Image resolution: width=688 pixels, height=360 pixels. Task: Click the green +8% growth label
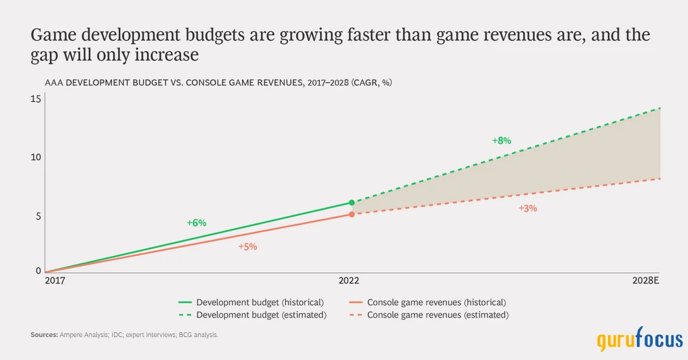(502, 141)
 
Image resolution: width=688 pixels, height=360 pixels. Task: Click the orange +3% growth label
(527, 208)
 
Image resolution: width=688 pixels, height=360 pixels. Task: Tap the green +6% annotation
(197, 223)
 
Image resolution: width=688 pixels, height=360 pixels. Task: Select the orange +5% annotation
(248, 247)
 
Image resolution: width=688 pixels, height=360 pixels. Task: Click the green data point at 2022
(352, 203)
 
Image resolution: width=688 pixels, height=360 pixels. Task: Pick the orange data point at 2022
(352, 214)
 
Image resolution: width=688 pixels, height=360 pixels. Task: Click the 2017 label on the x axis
(54, 281)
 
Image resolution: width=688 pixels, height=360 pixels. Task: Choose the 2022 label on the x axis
(352, 281)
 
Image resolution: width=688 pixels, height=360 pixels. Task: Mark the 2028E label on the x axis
(645, 281)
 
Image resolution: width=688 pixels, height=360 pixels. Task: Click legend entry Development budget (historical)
(260, 303)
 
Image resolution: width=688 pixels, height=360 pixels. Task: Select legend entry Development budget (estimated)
(261, 315)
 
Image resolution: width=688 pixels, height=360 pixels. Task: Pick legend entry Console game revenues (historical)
(436, 303)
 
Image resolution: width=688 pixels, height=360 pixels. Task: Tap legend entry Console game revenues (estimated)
(437, 315)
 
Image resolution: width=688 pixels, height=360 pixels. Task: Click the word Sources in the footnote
(44, 335)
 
